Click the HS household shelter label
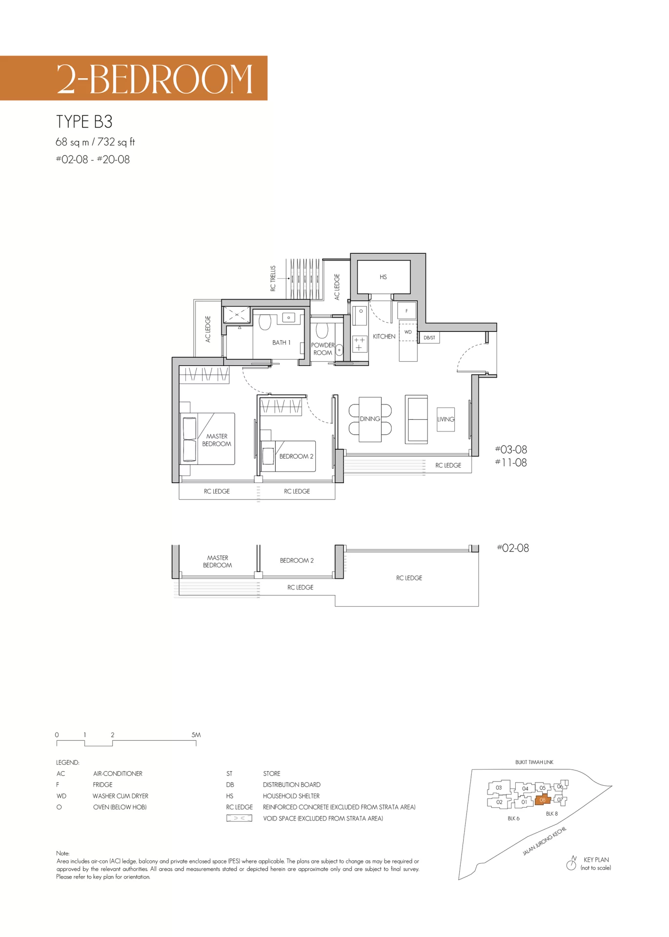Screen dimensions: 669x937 point(383,277)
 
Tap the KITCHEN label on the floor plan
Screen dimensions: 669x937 point(384,336)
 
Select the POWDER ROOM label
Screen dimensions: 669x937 point(323,348)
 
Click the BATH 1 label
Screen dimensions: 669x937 point(281,343)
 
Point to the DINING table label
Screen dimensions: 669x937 point(370,419)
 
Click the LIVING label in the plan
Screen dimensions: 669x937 point(446,419)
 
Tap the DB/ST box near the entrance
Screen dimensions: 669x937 point(429,337)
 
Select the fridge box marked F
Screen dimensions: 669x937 point(406,310)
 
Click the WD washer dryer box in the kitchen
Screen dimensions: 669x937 point(408,332)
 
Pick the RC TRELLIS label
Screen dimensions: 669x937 point(273,278)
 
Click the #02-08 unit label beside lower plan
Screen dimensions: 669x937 point(513,548)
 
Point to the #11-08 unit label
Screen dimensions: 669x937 point(511,462)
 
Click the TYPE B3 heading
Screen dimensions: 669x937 point(84,122)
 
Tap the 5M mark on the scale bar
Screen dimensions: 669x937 point(196,734)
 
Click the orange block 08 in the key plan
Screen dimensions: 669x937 point(543,800)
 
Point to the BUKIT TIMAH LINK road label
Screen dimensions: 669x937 point(534,762)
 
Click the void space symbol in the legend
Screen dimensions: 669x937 point(239,818)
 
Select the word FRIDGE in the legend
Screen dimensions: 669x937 point(102,785)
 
